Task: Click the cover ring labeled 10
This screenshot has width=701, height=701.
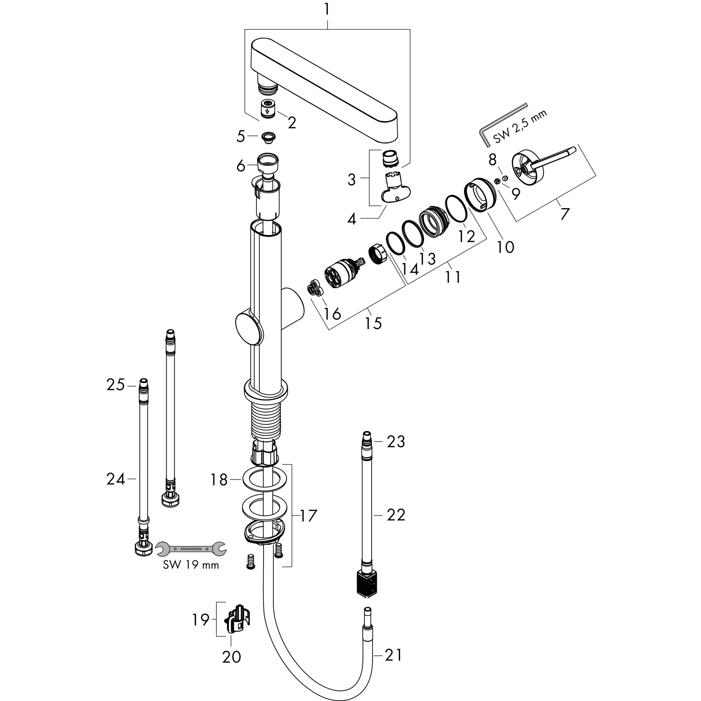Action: (479, 198)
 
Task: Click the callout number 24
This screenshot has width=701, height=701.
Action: (115, 479)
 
